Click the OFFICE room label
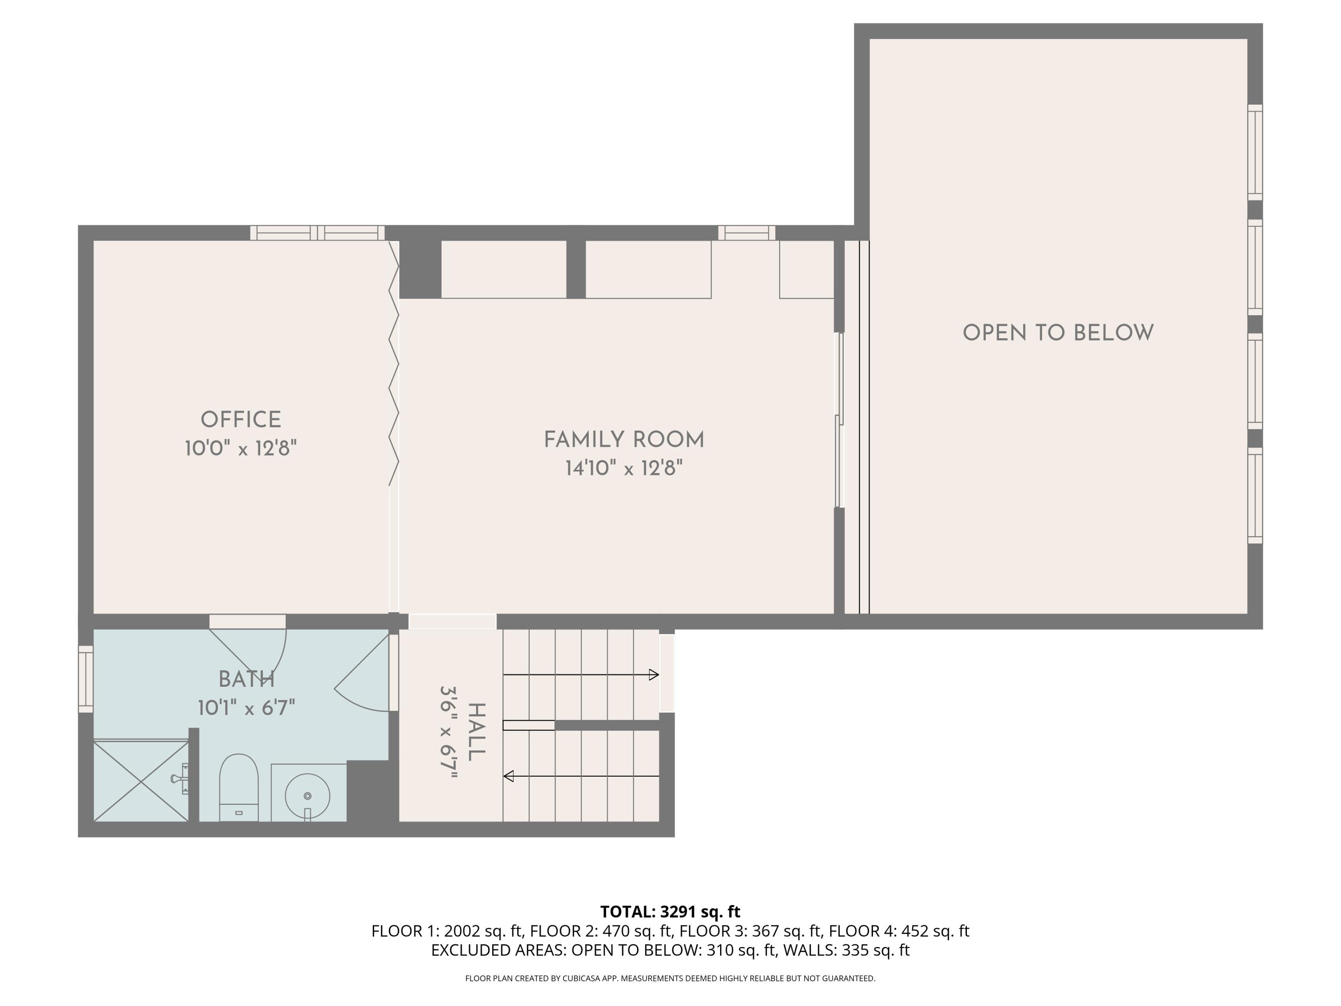point(240,420)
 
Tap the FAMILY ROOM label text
point(624,440)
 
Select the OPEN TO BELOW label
point(1058,333)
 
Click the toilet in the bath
point(238,788)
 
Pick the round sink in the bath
point(308,795)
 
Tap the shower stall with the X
point(141,781)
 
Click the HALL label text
point(476,732)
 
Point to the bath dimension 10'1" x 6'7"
point(246,708)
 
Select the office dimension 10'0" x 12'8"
point(240,449)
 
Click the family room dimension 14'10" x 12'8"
point(624,468)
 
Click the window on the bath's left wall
point(85,679)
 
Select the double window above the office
point(317,233)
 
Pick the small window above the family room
point(746,233)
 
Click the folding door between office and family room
point(393,364)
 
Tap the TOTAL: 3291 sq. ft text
point(670,911)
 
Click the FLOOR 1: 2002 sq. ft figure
point(447,931)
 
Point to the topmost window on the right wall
point(1254,152)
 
